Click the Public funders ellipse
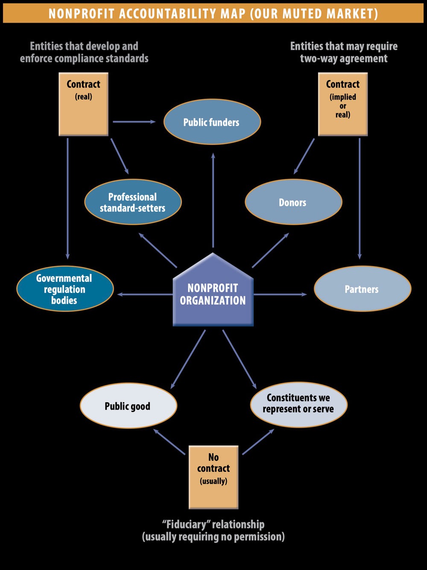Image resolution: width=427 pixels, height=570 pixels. (x=212, y=122)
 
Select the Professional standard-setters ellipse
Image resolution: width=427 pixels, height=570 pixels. (x=133, y=202)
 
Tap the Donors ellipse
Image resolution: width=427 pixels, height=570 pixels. (x=293, y=202)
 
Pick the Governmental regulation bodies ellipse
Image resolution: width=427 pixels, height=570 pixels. (x=65, y=289)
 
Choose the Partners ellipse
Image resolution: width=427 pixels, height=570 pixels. (x=362, y=289)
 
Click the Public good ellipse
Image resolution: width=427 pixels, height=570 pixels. (x=128, y=406)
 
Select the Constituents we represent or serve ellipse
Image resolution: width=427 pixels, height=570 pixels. (x=298, y=404)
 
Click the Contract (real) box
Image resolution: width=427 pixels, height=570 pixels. (x=83, y=104)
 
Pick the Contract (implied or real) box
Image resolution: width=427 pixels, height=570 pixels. (x=343, y=104)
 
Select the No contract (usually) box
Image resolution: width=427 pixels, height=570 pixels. (x=213, y=477)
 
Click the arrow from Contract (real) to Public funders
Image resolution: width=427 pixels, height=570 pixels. (x=134, y=122)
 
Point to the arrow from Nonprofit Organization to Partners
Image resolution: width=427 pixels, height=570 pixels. (x=280, y=294)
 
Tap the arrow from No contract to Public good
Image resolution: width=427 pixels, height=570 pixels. (x=169, y=442)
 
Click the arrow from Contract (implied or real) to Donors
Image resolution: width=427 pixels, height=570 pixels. (x=304, y=156)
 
